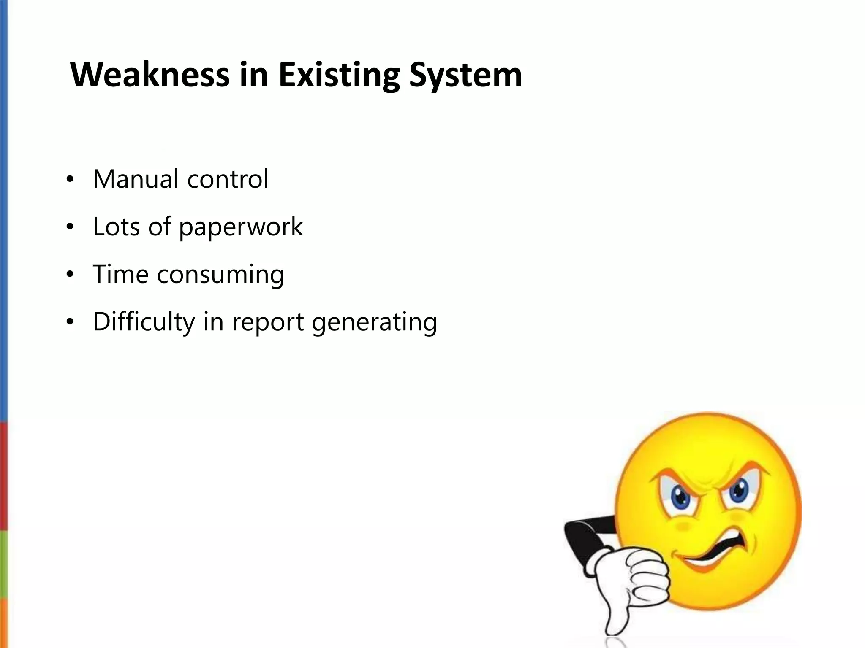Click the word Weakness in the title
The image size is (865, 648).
pyautogui.click(x=150, y=75)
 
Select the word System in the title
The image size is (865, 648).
pyautogui.click(x=465, y=76)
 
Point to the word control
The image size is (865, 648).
pyautogui.click(x=228, y=179)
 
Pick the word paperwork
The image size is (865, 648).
pyautogui.click(x=241, y=227)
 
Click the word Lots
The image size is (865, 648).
pyautogui.click(x=116, y=227)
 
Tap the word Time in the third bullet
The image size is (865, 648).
pyautogui.click(x=120, y=274)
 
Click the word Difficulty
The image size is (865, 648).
pyautogui.click(x=144, y=322)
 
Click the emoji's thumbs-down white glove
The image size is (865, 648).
pyautogui.click(x=634, y=582)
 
